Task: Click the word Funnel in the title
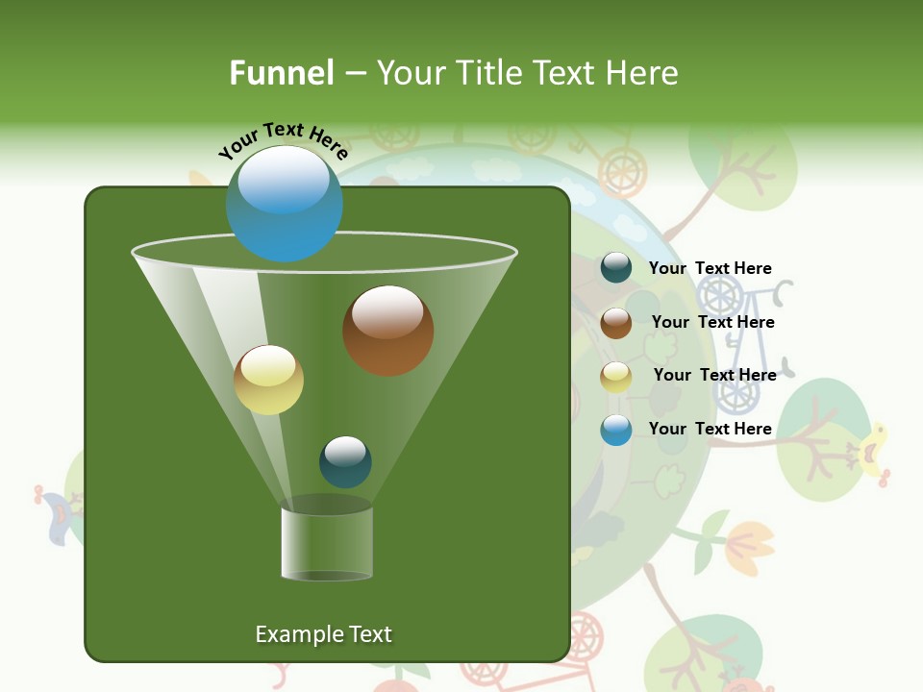281,73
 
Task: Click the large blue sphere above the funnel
284,203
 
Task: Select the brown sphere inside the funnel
387,331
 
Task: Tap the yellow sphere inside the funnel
268,380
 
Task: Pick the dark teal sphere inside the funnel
345,461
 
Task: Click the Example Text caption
323,634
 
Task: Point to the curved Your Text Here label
283,138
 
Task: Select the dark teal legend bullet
615,268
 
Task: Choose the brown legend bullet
615,322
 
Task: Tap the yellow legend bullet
615,376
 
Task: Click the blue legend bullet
615,430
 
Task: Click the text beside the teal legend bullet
710,268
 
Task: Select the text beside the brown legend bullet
712,322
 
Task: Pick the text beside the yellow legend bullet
714,375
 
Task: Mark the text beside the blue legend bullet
710,429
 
